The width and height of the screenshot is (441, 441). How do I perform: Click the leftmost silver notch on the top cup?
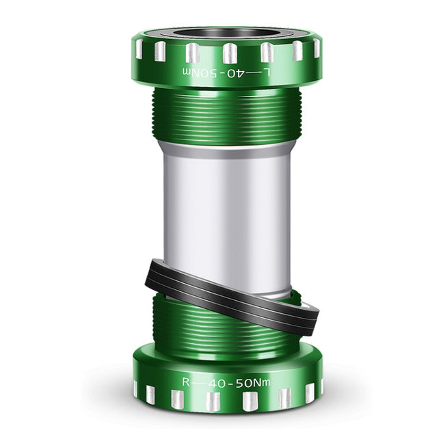139,47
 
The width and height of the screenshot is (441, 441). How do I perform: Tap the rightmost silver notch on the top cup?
316,47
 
